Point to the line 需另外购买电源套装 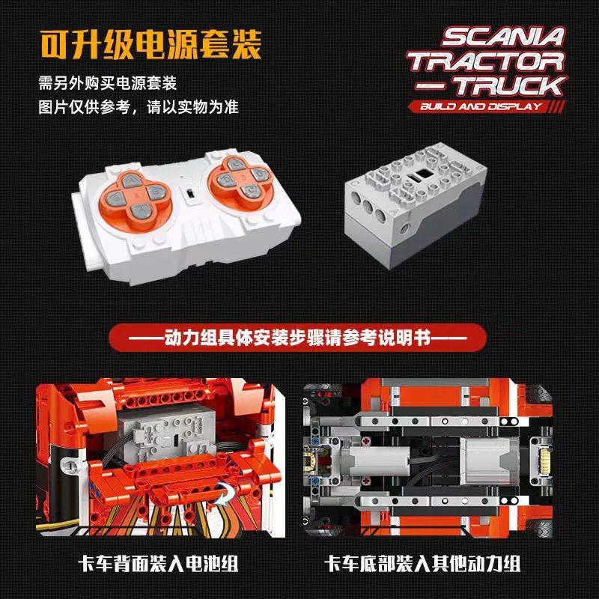pos(112,82)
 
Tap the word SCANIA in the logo pos(497,37)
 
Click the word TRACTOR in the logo pos(486,61)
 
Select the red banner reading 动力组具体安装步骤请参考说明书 pos(299,338)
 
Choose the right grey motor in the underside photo pos(483,458)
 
